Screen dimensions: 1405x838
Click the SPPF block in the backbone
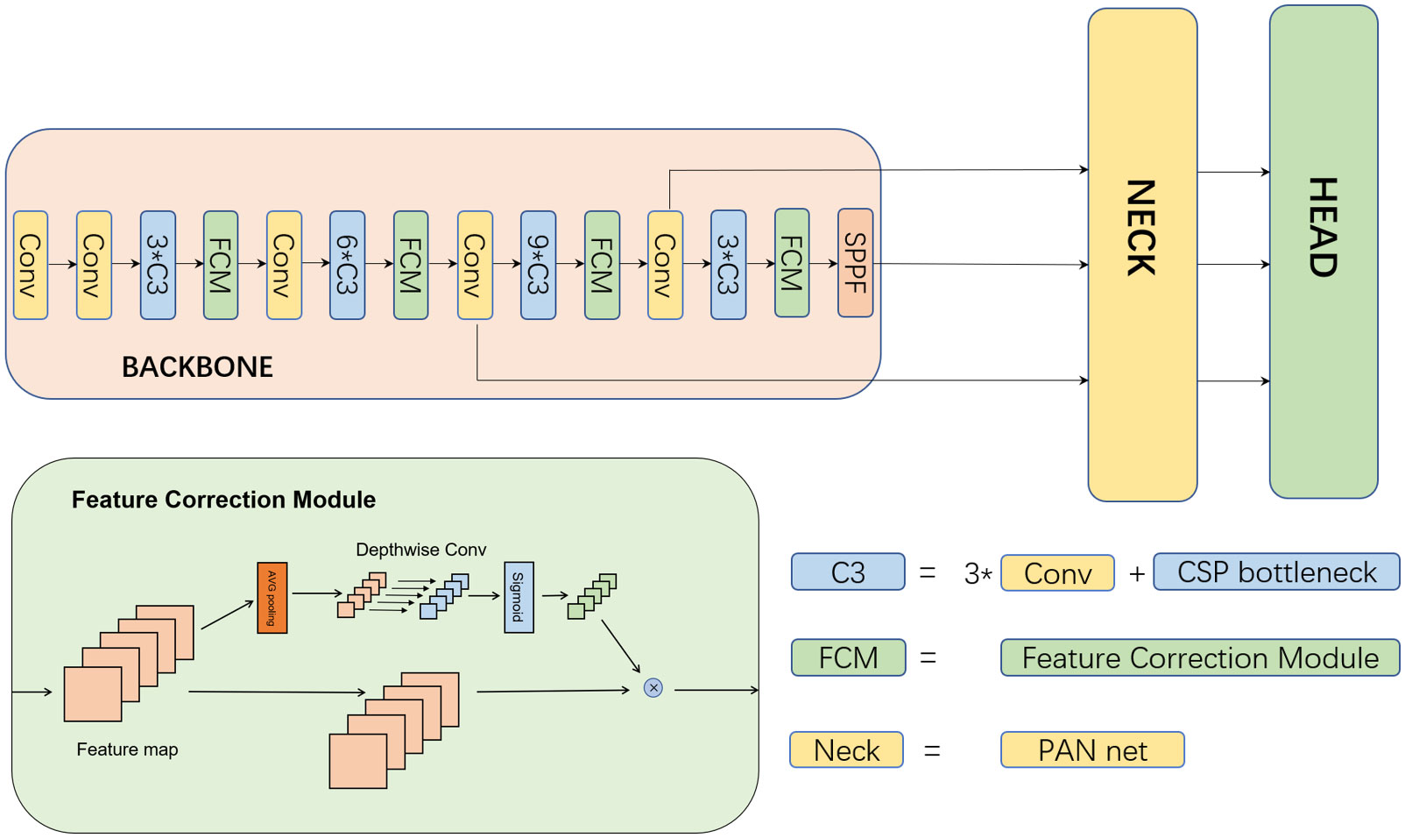click(856, 263)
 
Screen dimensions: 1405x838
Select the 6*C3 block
click(348, 265)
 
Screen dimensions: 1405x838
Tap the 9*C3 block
click(538, 265)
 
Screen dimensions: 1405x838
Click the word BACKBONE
click(198, 367)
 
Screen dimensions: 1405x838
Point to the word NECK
click(1141, 228)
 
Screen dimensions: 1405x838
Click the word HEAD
click(1324, 227)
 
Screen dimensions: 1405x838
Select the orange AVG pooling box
click(272, 598)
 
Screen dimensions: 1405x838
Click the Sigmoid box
click(519, 597)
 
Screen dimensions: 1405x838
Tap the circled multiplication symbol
click(653, 688)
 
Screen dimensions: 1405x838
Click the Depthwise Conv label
click(420, 550)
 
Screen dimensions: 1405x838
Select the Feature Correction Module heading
click(224, 500)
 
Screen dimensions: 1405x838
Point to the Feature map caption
click(127, 749)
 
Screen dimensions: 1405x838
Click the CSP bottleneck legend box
click(1276, 572)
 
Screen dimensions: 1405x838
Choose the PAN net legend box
click(1092, 749)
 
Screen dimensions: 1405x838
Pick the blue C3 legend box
click(848, 572)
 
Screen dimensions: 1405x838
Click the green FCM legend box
click(849, 657)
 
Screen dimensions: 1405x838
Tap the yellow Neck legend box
click(847, 749)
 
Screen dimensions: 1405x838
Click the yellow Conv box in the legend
click(1057, 572)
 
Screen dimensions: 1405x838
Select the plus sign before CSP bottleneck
click(1137, 573)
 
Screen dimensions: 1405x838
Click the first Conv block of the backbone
click(31, 265)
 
